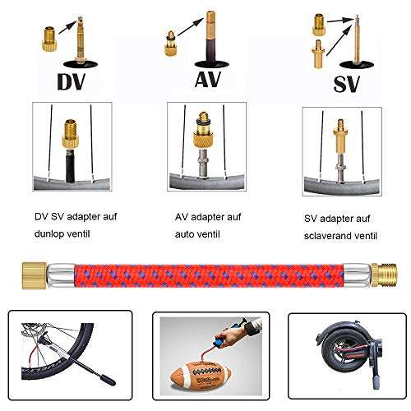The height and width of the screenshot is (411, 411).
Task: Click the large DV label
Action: [x=70, y=82]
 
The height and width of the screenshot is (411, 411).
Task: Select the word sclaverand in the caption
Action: [x=329, y=235]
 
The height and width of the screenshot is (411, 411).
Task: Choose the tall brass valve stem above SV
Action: [x=358, y=37]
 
